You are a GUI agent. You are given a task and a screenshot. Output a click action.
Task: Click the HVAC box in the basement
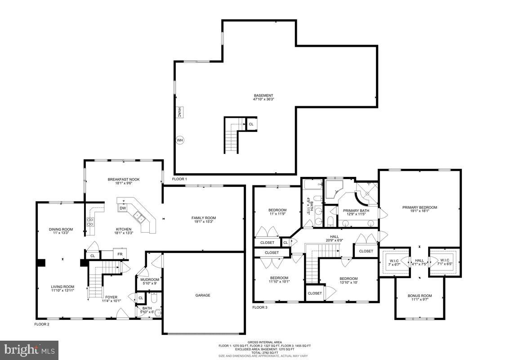pos(179,112)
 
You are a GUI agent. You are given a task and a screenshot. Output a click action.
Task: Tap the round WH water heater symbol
pos(180,140)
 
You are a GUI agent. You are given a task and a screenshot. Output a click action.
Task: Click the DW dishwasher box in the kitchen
pos(123,208)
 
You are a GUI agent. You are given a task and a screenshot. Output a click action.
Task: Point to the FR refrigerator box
pos(120,254)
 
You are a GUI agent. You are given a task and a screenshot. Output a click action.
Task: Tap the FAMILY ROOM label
pos(204,220)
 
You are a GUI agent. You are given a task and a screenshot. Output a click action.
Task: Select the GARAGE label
pos(203,295)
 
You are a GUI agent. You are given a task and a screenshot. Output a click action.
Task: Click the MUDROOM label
pos(149,281)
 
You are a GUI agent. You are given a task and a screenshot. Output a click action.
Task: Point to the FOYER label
pos(111,299)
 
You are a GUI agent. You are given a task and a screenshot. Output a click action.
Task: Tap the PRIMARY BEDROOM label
pos(420,210)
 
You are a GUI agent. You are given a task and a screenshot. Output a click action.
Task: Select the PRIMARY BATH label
pos(357,212)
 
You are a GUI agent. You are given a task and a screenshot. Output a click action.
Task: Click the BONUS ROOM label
pos(420,298)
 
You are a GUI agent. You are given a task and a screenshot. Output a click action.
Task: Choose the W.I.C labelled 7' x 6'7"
pos(394,262)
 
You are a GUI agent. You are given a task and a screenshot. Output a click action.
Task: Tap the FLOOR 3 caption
pos(259,307)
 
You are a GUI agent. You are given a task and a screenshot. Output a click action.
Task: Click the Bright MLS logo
pos(29,349)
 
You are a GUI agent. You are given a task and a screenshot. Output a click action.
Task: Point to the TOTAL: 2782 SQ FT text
pos(264,352)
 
